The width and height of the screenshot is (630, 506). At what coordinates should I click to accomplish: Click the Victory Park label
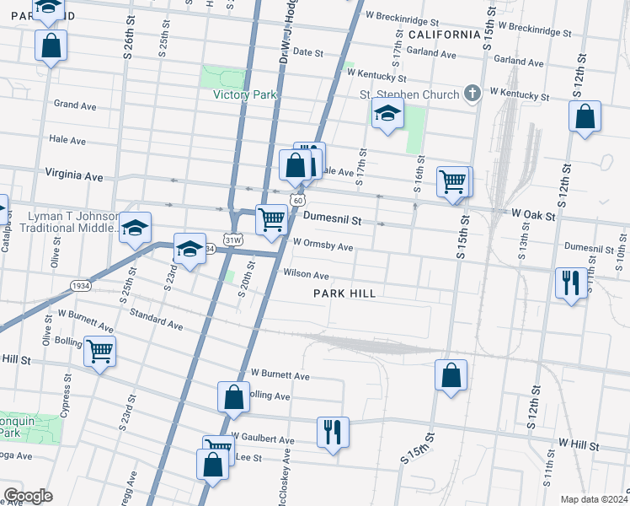[x=244, y=95]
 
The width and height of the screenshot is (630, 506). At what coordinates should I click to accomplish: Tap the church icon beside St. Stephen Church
[x=472, y=94]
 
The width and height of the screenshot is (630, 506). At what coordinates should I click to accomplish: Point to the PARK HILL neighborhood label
[x=344, y=293]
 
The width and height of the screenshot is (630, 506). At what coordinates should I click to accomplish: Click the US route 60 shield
[x=296, y=199]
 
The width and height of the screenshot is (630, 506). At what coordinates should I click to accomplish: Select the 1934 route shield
[x=81, y=286]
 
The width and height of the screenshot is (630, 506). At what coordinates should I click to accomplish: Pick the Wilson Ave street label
[x=306, y=274]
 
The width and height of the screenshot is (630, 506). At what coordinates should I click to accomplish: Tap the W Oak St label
[x=533, y=216]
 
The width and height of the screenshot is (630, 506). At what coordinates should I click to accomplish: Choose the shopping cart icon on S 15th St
[x=453, y=180]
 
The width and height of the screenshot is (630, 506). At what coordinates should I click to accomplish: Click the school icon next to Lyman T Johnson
[x=135, y=228]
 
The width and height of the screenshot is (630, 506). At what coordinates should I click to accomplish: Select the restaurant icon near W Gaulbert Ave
[x=333, y=432]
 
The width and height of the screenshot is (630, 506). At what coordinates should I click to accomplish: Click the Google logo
[x=28, y=496]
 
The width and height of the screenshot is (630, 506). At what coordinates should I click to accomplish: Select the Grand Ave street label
[x=76, y=105]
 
